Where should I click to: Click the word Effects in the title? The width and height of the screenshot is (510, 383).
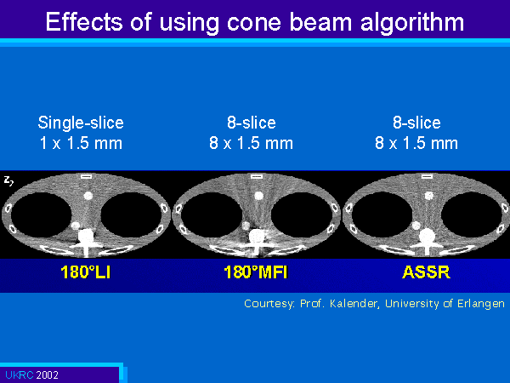pos(84,22)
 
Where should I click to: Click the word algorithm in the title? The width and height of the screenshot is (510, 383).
pos(412,24)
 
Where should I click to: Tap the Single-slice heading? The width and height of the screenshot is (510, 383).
pos(81,123)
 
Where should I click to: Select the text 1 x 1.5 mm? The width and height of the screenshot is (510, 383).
pos(81,143)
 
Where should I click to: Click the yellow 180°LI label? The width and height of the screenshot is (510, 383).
pos(86,272)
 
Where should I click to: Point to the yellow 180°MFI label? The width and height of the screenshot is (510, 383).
pos(256,272)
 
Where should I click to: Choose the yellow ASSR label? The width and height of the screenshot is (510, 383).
pos(426,272)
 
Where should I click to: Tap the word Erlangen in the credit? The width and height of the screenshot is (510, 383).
pos(481,304)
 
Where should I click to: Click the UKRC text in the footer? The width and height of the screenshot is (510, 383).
pos(20,374)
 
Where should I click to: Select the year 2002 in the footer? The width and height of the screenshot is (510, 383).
pos(47,374)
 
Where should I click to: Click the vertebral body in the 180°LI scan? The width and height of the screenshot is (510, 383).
pos(86,235)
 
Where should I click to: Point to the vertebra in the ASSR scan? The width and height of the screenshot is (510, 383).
pos(427,236)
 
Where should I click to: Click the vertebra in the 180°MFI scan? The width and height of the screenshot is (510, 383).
pos(257,236)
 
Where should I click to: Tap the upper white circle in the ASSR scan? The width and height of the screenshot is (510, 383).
pos(429,196)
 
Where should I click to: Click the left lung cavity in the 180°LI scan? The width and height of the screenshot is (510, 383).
pos(42,215)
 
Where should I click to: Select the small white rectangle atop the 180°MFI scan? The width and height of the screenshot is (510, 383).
pos(257,176)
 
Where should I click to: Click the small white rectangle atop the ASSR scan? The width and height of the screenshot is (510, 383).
pos(427,176)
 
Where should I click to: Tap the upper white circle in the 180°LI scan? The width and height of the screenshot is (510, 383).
pos(88,196)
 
